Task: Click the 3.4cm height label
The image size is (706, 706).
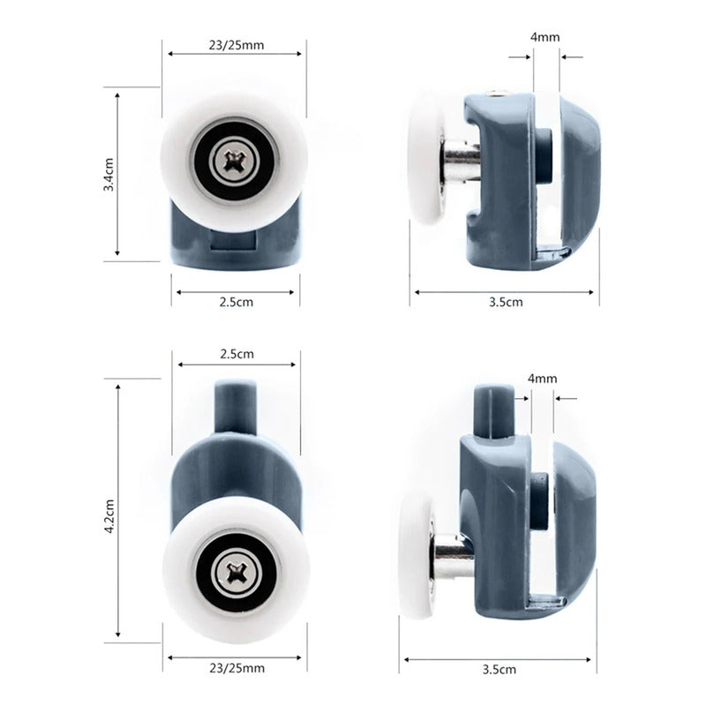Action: tap(109, 174)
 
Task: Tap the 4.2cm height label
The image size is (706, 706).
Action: tap(109, 516)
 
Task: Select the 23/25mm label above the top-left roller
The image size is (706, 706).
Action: tap(237, 45)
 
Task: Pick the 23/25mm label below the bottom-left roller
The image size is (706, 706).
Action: tap(237, 668)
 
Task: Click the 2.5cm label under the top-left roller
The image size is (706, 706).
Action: tap(237, 302)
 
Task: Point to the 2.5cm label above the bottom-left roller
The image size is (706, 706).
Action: tap(237, 354)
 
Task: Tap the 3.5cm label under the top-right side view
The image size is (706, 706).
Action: tap(506, 302)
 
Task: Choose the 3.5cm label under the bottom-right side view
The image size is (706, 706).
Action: tap(499, 669)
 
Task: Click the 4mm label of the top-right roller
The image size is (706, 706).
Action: tap(545, 37)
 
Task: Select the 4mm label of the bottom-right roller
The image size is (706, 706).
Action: tap(542, 379)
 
